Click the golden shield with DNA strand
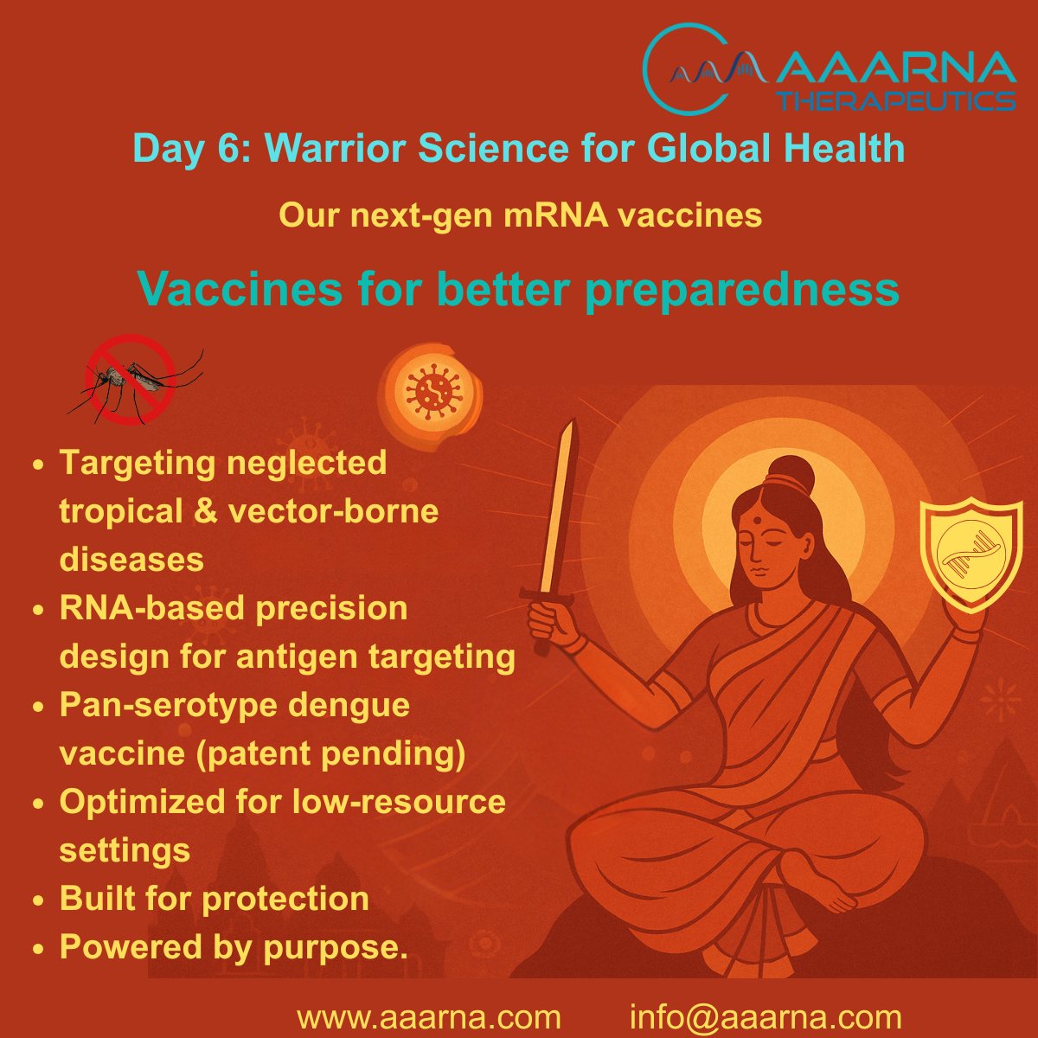tap(959, 553)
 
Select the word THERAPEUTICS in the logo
tap(896, 101)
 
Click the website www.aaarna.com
tap(428, 1016)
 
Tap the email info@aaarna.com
tap(766, 1016)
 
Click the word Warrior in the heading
tap(330, 149)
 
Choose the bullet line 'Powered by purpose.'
tap(233, 947)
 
